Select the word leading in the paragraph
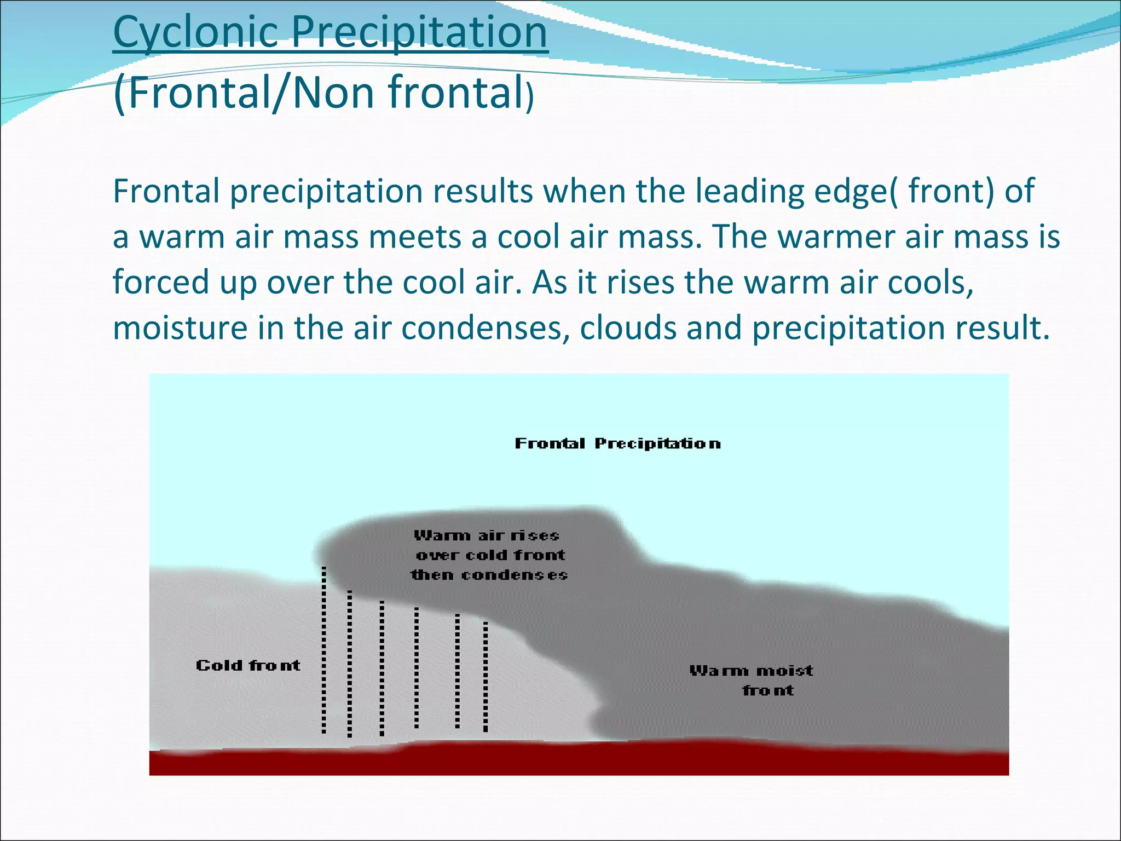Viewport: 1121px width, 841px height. (749, 192)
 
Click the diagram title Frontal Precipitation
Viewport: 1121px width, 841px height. (617, 443)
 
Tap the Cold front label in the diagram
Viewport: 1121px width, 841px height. (248, 666)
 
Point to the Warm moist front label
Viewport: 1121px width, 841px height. (751, 680)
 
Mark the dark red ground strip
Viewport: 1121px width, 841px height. (579, 761)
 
